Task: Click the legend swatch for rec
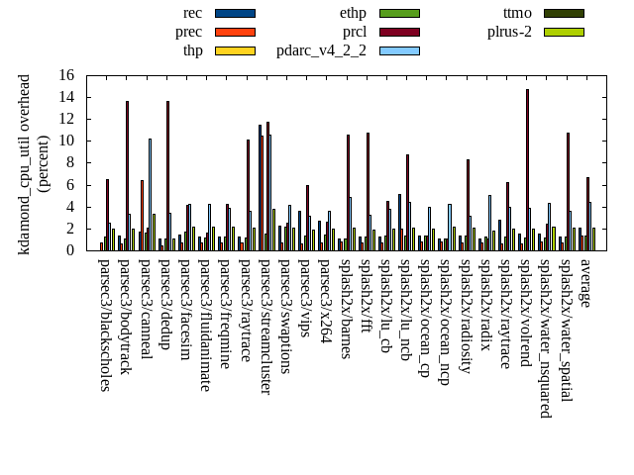click(x=235, y=13)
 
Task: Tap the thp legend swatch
click(x=235, y=50)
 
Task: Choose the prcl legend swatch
click(x=399, y=32)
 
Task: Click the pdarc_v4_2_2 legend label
click(x=321, y=50)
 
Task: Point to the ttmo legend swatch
click(x=563, y=13)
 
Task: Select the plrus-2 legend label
click(x=509, y=32)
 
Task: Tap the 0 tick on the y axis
click(x=84, y=250)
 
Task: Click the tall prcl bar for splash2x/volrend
click(x=527, y=169)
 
